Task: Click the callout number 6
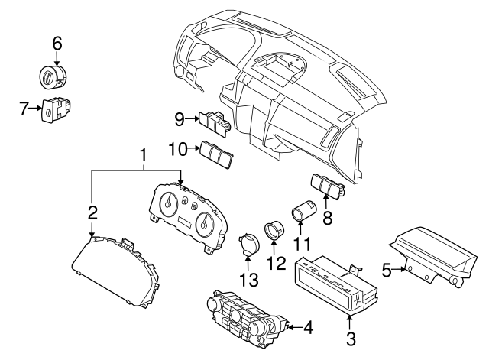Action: [x=57, y=44]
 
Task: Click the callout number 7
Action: [x=24, y=110]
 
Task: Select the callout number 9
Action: [x=180, y=118]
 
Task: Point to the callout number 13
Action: [x=247, y=280]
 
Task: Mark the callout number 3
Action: [x=351, y=336]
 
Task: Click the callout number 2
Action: [x=92, y=212]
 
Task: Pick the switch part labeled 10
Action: [x=217, y=155]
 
